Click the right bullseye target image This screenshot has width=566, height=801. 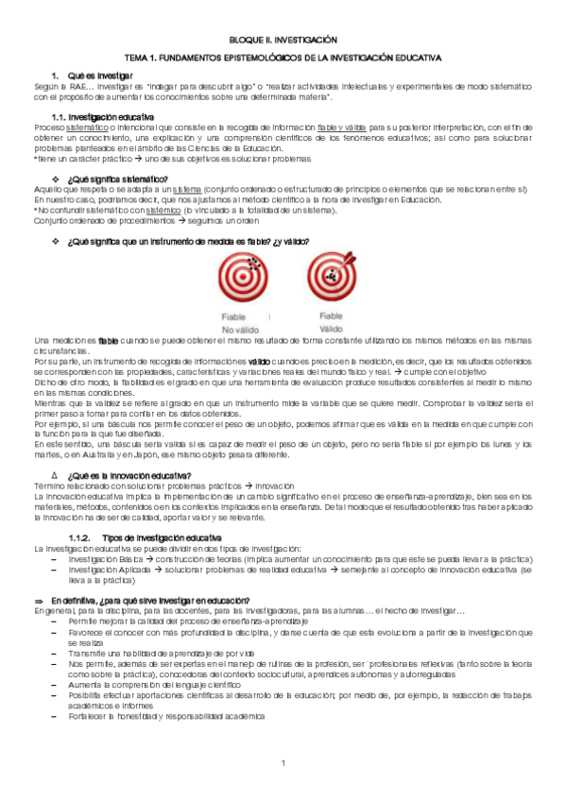tap(331, 278)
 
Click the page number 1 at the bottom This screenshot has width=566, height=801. tap(283, 762)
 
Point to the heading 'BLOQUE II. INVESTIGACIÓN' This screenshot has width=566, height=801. tap(283, 42)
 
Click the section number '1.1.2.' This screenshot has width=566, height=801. tap(87, 537)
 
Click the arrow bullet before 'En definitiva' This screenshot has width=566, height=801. tap(39, 601)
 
